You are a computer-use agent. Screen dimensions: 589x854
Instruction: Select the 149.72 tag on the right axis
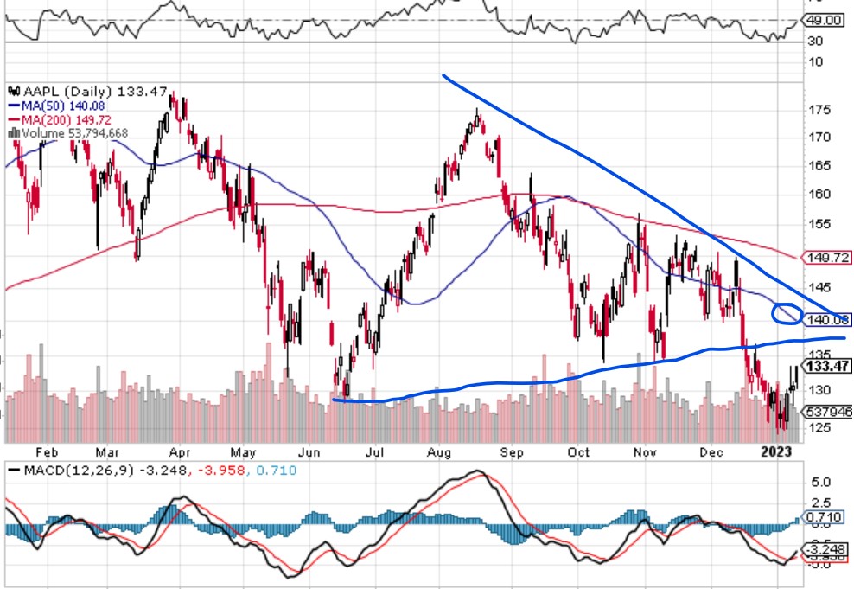coord(825,257)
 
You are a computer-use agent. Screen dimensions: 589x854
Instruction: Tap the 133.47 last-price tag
coord(826,367)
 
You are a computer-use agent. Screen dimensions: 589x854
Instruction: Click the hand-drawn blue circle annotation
coord(786,313)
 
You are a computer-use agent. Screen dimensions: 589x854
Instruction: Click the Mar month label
coord(106,451)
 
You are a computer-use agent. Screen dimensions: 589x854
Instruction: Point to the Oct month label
coord(578,451)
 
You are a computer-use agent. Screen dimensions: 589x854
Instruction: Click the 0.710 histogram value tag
coord(825,517)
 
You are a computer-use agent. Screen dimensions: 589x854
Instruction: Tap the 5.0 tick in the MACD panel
coord(822,481)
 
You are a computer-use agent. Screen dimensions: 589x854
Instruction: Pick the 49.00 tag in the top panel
coord(826,19)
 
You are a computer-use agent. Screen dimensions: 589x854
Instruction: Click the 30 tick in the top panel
coord(814,41)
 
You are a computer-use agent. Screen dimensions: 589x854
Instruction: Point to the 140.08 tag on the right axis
coord(825,320)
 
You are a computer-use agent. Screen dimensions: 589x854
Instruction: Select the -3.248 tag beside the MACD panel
coord(826,549)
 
